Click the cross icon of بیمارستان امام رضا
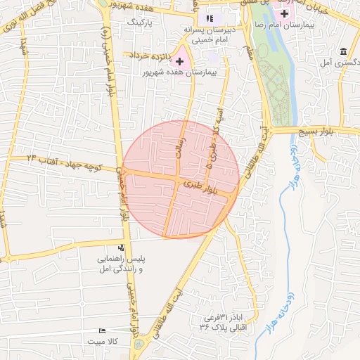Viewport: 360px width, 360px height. point(285,14)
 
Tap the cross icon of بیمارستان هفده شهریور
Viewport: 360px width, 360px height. point(180,62)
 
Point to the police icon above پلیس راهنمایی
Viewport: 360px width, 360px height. point(122,247)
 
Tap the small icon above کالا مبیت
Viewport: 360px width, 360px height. point(103,330)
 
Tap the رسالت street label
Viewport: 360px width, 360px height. point(181,149)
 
